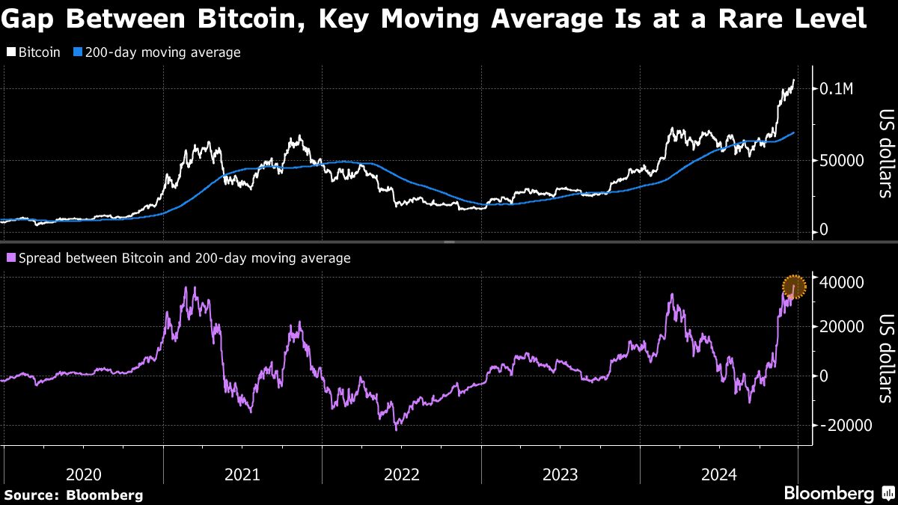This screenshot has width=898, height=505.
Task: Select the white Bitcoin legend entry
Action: click(34, 53)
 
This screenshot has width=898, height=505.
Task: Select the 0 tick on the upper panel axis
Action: click(824, 230)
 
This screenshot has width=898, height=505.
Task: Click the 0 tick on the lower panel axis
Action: click(824, 376)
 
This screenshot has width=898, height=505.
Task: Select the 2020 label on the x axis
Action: click(83, 474)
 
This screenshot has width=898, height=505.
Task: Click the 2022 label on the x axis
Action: click(401, 474)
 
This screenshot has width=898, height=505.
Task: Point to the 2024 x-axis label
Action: click(719, 474)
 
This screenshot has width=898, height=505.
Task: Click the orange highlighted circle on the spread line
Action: click(794, 287)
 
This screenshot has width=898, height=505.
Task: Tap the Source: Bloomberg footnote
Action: click(73, 495)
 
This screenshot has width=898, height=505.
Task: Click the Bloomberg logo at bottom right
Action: click(838, 493)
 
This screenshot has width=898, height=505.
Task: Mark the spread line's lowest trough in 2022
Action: click(396, 429)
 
